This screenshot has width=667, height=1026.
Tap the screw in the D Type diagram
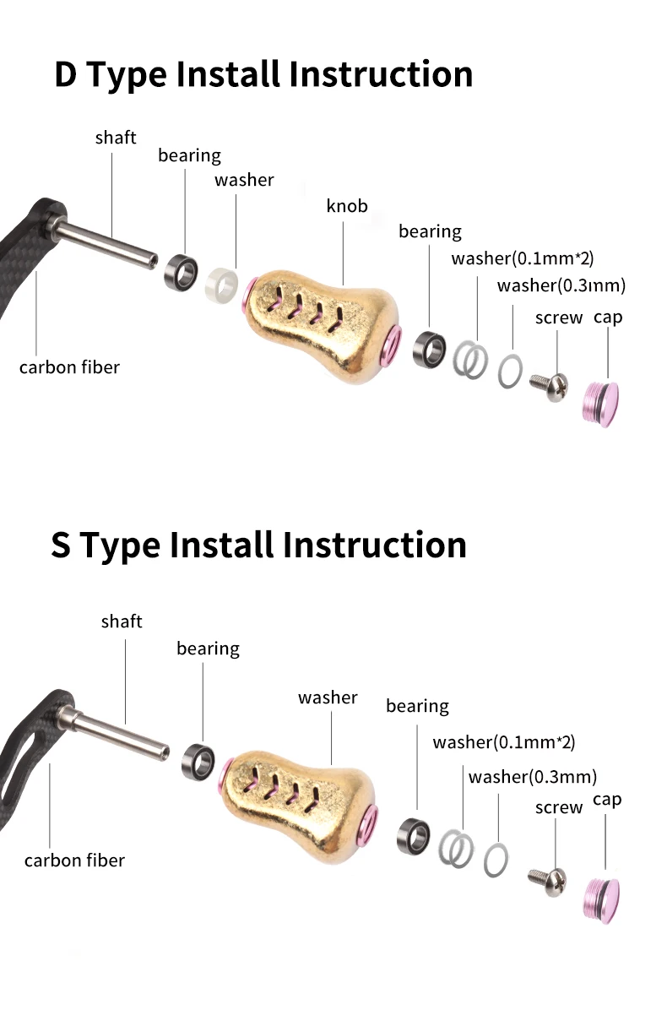550,387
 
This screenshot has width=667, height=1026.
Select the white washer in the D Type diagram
222,285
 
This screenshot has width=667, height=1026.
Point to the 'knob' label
347,206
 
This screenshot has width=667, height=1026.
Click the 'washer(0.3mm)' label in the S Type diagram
532,777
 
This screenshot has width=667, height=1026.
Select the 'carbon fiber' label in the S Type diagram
74,860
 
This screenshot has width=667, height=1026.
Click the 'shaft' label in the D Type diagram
116,138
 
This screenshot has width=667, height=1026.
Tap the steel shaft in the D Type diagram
103,242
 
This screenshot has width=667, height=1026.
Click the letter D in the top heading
65,73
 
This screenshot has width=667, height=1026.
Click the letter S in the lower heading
61,545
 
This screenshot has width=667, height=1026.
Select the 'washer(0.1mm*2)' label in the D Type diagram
523,258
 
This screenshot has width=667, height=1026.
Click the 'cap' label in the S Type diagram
607,801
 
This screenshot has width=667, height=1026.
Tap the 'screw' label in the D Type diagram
559,318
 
